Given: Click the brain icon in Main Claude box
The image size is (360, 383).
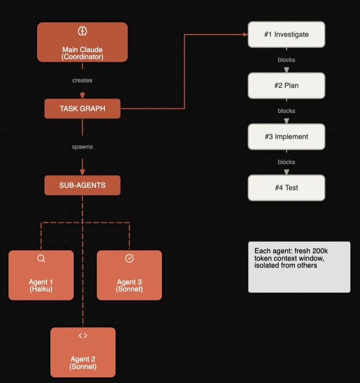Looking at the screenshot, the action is point(82,31).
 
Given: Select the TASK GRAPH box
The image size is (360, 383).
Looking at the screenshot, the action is point(83,109).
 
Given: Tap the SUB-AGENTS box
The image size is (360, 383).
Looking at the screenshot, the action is point(83,185).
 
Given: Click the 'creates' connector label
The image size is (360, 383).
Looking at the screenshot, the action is point(82,80).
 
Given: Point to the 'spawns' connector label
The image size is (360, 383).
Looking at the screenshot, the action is point(82,147).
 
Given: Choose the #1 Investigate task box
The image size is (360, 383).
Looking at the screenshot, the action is point(286,34).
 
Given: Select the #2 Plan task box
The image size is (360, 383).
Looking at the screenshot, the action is point(286,85).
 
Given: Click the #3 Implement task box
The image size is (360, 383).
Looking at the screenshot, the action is point(286,136).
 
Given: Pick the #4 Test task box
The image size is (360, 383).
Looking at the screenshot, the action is point(286,188).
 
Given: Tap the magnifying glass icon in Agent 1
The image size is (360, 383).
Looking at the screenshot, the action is point(41,259).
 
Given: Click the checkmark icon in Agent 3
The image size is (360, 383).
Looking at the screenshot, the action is point(129,258).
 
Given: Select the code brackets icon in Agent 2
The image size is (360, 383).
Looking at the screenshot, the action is point(83,336).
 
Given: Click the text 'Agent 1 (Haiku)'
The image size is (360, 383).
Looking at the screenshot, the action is point(41,286).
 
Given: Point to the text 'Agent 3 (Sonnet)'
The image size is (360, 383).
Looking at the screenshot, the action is point(129,286).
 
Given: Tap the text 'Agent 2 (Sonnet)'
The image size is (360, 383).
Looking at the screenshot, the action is point(83,363).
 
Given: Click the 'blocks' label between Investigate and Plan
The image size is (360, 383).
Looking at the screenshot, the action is point(286,60).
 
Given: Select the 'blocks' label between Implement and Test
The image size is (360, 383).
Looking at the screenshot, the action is point(286,162).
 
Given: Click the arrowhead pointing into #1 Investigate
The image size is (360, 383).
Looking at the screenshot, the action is point(245,34).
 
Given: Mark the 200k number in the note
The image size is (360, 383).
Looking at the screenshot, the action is point(320,251).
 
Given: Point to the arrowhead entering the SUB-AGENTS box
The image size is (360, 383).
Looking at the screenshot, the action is point(83,172).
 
